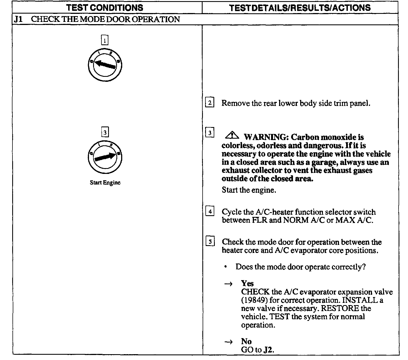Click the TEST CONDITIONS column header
tap(105, 7)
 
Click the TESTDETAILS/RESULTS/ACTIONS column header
tap(300, 7)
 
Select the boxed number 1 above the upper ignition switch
tap(104, 40)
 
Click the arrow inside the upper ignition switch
tap(105, 64)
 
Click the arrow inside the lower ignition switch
tap(105, 157)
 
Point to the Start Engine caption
tap(105, 182)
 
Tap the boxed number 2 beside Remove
tap(210, 103)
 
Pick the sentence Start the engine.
tap(249, 190)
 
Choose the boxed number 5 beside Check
tap(210, 242)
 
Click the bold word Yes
tap(247, 283)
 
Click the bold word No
tap(246, 341)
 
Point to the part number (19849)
tap(253, 300)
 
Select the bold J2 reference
tap(268, 350)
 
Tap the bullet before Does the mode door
tap(226, 267)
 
